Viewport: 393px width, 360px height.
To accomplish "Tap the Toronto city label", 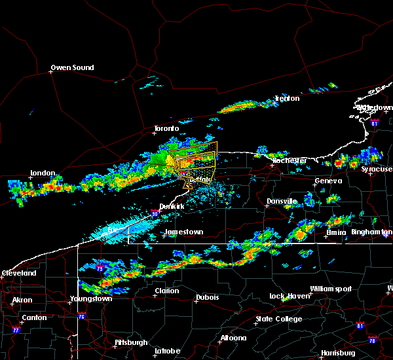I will tap(166, 129).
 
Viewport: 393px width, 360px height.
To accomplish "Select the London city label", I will tap(43, 173).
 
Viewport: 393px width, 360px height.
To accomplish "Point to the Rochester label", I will tap(289, 160).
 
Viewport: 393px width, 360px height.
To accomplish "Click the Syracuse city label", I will tap(378, 169).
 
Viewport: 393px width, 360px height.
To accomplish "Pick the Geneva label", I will tap(328, 181).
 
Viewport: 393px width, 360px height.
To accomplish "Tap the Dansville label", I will tap(282, 201).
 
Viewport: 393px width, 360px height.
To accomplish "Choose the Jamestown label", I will tap(183, 232).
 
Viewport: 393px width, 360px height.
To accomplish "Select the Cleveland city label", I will tap(18, 273).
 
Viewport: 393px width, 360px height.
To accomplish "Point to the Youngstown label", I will tap(91, 299).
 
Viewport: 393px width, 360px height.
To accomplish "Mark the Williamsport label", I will tap(331, 289).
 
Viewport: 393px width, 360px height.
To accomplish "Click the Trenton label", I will tap(287, 99).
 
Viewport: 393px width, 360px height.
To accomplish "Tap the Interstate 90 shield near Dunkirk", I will tap(154, 213).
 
